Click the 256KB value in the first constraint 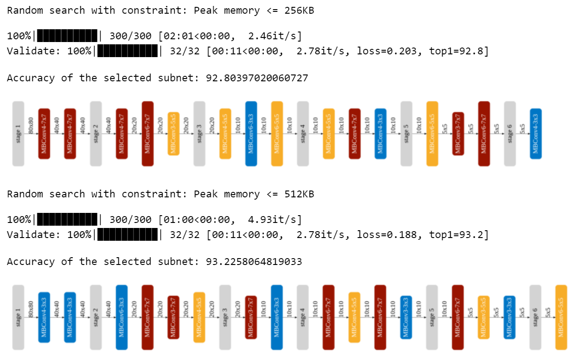click(299, 10)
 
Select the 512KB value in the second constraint click(299, 194)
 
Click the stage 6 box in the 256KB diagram click(510, 133)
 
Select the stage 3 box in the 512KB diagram click(225, 318)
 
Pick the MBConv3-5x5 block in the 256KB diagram click(173, 133)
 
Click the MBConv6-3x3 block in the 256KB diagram click(251, 133)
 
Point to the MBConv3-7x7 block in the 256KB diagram click(458, 133)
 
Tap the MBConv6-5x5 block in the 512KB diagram click(561, 318)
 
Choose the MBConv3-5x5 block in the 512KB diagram click(484, 318)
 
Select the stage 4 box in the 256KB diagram click(303, 133)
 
